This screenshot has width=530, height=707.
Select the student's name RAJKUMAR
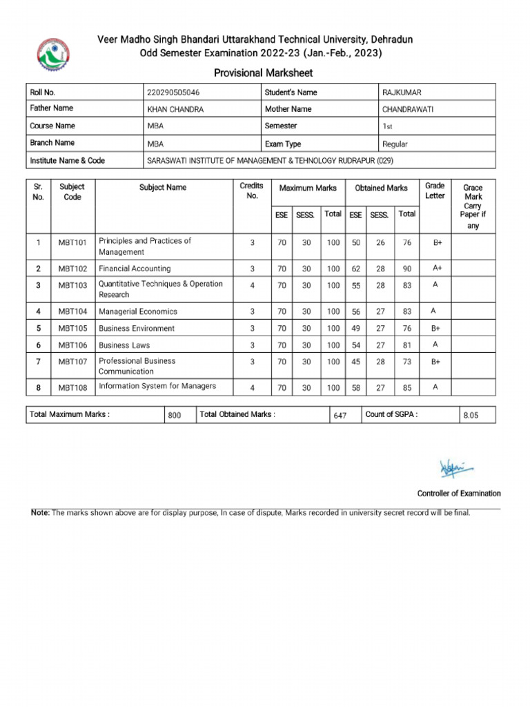[x=402, y=93]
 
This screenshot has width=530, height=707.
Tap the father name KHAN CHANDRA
[x=175, y=110]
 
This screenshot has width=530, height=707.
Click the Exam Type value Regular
[x=395, y=144]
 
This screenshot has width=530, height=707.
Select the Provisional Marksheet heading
[x=263, y=73]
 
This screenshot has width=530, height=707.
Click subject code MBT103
[x=72, y=286]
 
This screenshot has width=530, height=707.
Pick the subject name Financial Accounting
[x=135, y=269]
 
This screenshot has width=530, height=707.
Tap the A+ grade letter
[x=437, y=268]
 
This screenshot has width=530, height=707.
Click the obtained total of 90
[x=407, y=269]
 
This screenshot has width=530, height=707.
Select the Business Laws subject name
[x=124, y=345]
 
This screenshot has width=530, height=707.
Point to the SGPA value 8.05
[x=470, y=416]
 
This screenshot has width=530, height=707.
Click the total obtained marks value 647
[x=340, y=416]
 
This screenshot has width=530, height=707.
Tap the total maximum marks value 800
[x=174, y=416]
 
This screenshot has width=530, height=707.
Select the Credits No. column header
[x=251, y=191]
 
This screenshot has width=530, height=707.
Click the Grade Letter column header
[x=435, y=191]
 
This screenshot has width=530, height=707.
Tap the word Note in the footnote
[x=40, y=513]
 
